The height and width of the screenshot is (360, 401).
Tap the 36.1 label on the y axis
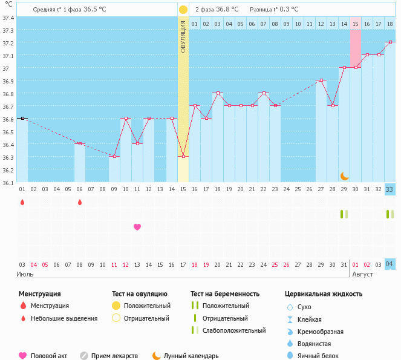click(8, 182)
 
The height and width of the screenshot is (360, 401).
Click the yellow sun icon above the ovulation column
click(183, 10)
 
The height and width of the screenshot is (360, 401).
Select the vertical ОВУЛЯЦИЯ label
click(183, 37)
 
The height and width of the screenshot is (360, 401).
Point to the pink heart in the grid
click(137, 227)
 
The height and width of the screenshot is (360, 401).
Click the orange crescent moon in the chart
click(344, 175)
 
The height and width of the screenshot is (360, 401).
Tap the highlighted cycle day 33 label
click(390, 189)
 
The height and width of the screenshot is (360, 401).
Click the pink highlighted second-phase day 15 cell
click(356, 24)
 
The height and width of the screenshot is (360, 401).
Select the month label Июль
click(25, 274)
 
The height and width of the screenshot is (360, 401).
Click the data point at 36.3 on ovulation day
click(183, 157)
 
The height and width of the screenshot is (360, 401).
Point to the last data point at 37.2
click(390, 42)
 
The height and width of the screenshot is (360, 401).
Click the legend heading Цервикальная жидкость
click(324, 294)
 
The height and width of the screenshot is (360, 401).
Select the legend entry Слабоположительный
click(235, 330)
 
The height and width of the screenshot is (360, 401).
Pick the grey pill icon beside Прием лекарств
click(84, 356)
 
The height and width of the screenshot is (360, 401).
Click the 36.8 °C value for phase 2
click(227, 10)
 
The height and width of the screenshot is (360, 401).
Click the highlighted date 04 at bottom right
click(390, 264)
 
